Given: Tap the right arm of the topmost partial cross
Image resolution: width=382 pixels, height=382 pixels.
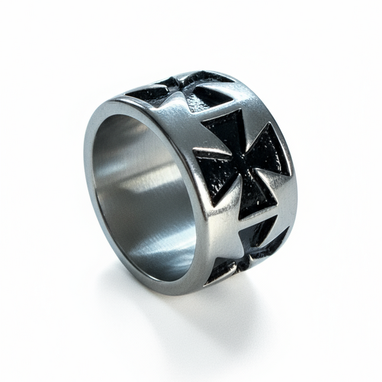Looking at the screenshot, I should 213,95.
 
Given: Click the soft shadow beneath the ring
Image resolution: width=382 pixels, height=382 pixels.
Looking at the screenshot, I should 178,308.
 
